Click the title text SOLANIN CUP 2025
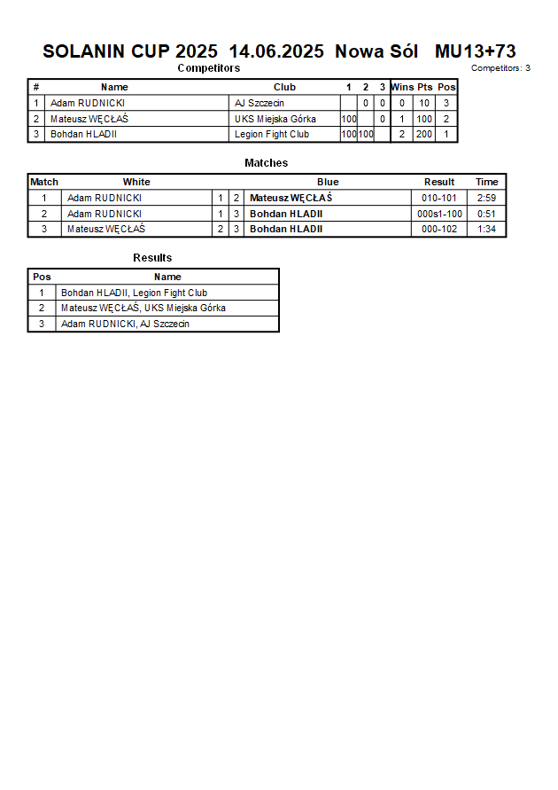[129, 51]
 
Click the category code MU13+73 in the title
[476, 51]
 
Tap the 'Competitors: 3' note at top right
[500, 68]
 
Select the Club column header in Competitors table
[284, 87]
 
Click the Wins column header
[402, 87]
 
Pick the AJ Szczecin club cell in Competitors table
[260, 103]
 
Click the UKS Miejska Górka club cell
[275, 119]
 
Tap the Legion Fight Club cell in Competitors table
[272, 135]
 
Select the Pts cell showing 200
[424, 135]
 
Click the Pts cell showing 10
[424, 103]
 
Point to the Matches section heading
[266, 163]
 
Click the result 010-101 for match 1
[439, 198]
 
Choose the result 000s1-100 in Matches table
[439, 214]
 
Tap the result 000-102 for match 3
[439, 229]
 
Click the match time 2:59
[486, 198]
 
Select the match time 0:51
[486, 214]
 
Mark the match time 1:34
[486, 229]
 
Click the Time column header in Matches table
[487, 182]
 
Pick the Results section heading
[152, 258]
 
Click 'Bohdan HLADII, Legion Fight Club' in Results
[134, 293]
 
